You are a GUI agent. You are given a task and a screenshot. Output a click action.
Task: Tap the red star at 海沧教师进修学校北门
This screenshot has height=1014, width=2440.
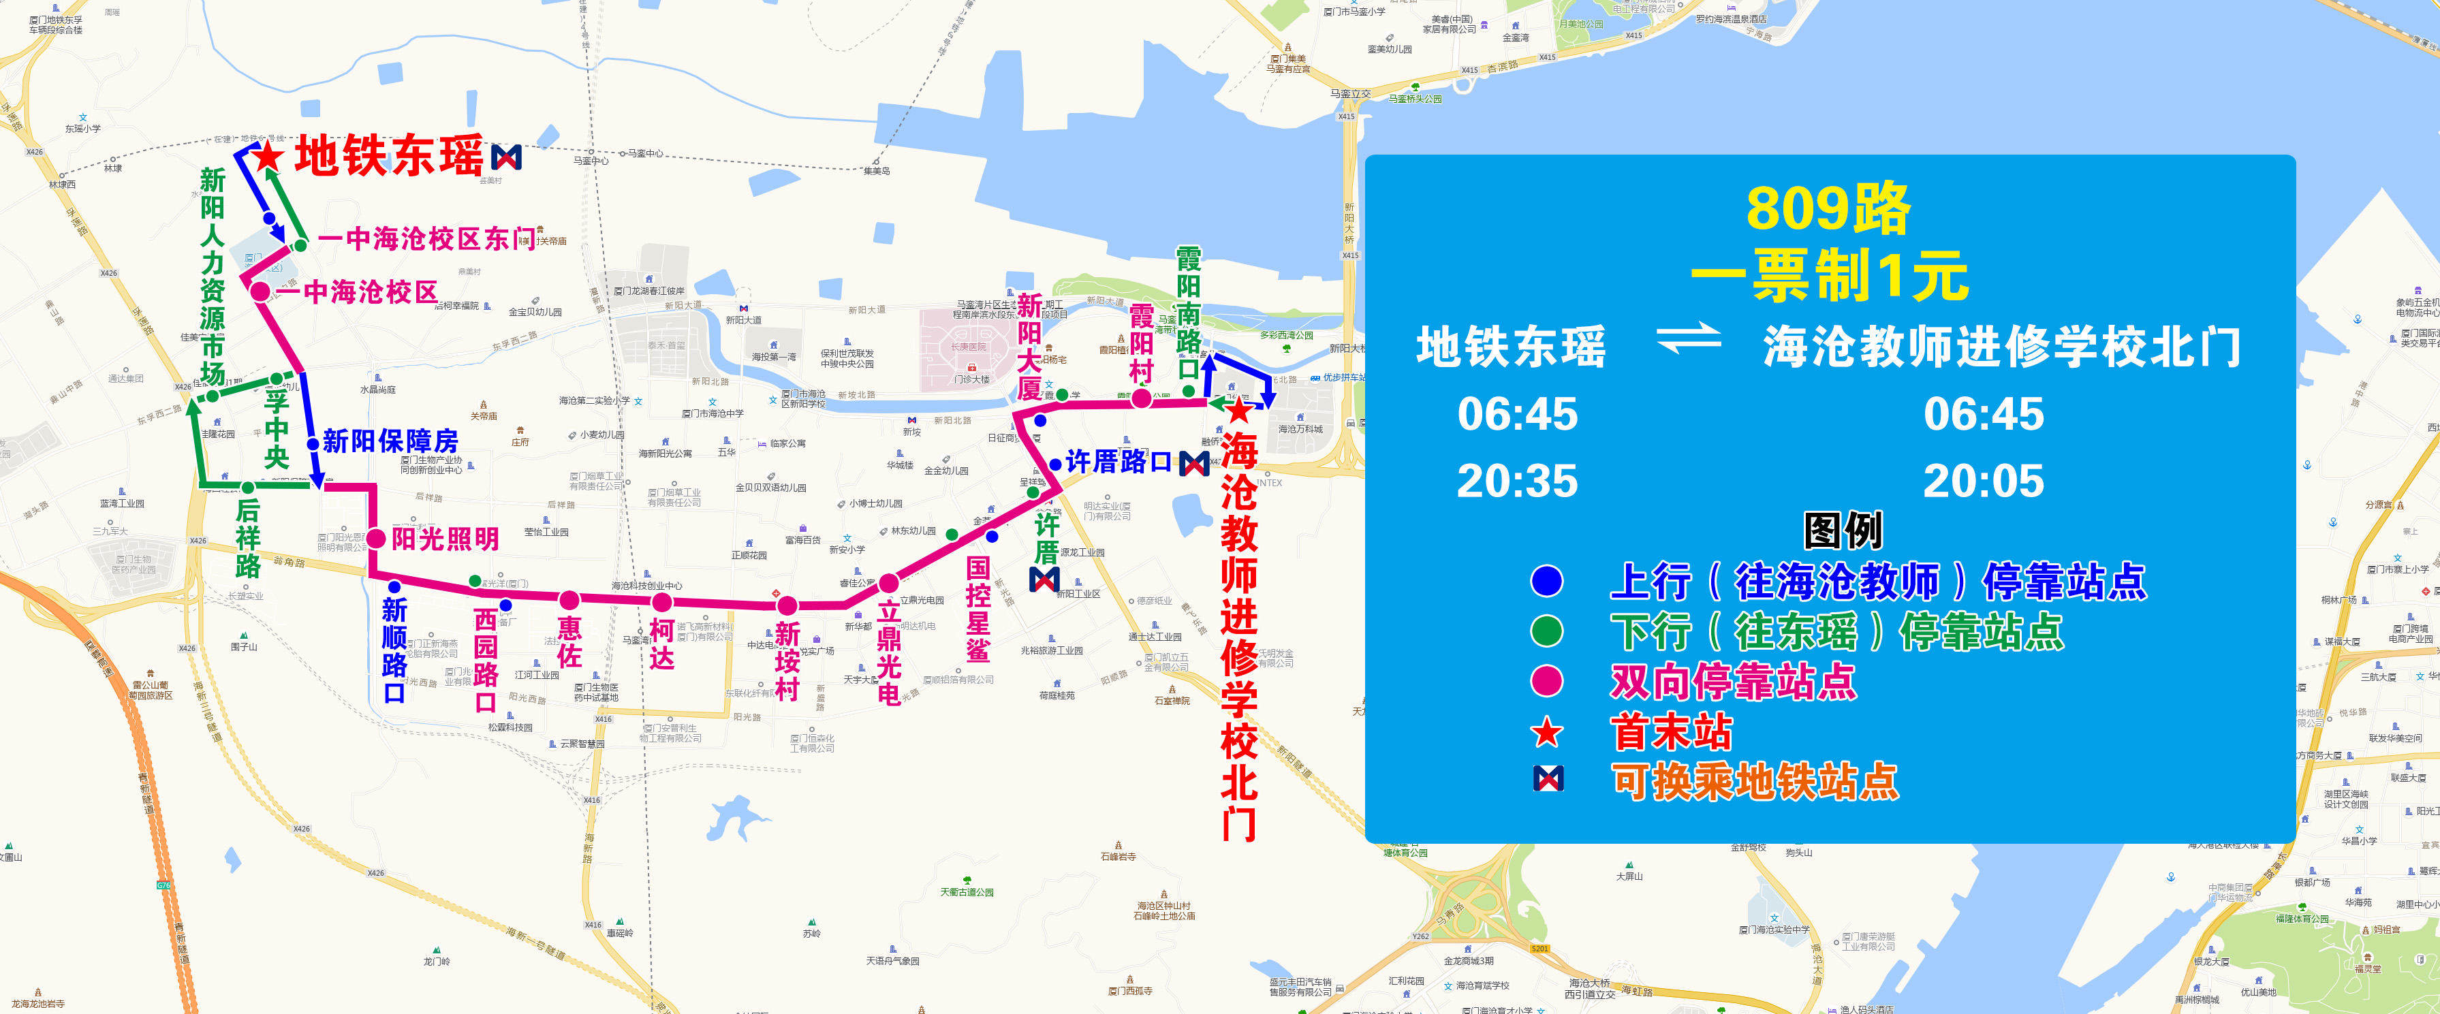1238,411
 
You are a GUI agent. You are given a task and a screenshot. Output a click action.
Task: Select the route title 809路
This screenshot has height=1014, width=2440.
1828,209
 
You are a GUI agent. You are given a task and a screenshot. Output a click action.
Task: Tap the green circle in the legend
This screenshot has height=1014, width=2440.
1547,631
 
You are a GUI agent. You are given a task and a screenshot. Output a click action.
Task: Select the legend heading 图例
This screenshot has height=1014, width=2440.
1843,530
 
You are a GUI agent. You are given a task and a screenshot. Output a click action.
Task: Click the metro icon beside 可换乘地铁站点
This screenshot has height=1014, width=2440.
1548,779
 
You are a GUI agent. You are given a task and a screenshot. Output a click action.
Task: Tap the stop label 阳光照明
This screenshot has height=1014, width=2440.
445,539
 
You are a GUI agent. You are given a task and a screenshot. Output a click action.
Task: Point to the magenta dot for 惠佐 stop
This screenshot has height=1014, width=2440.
569,600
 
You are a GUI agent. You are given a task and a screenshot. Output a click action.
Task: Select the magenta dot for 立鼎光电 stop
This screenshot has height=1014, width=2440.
888,583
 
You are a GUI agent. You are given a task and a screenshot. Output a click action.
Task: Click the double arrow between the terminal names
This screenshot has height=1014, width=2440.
1688,338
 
